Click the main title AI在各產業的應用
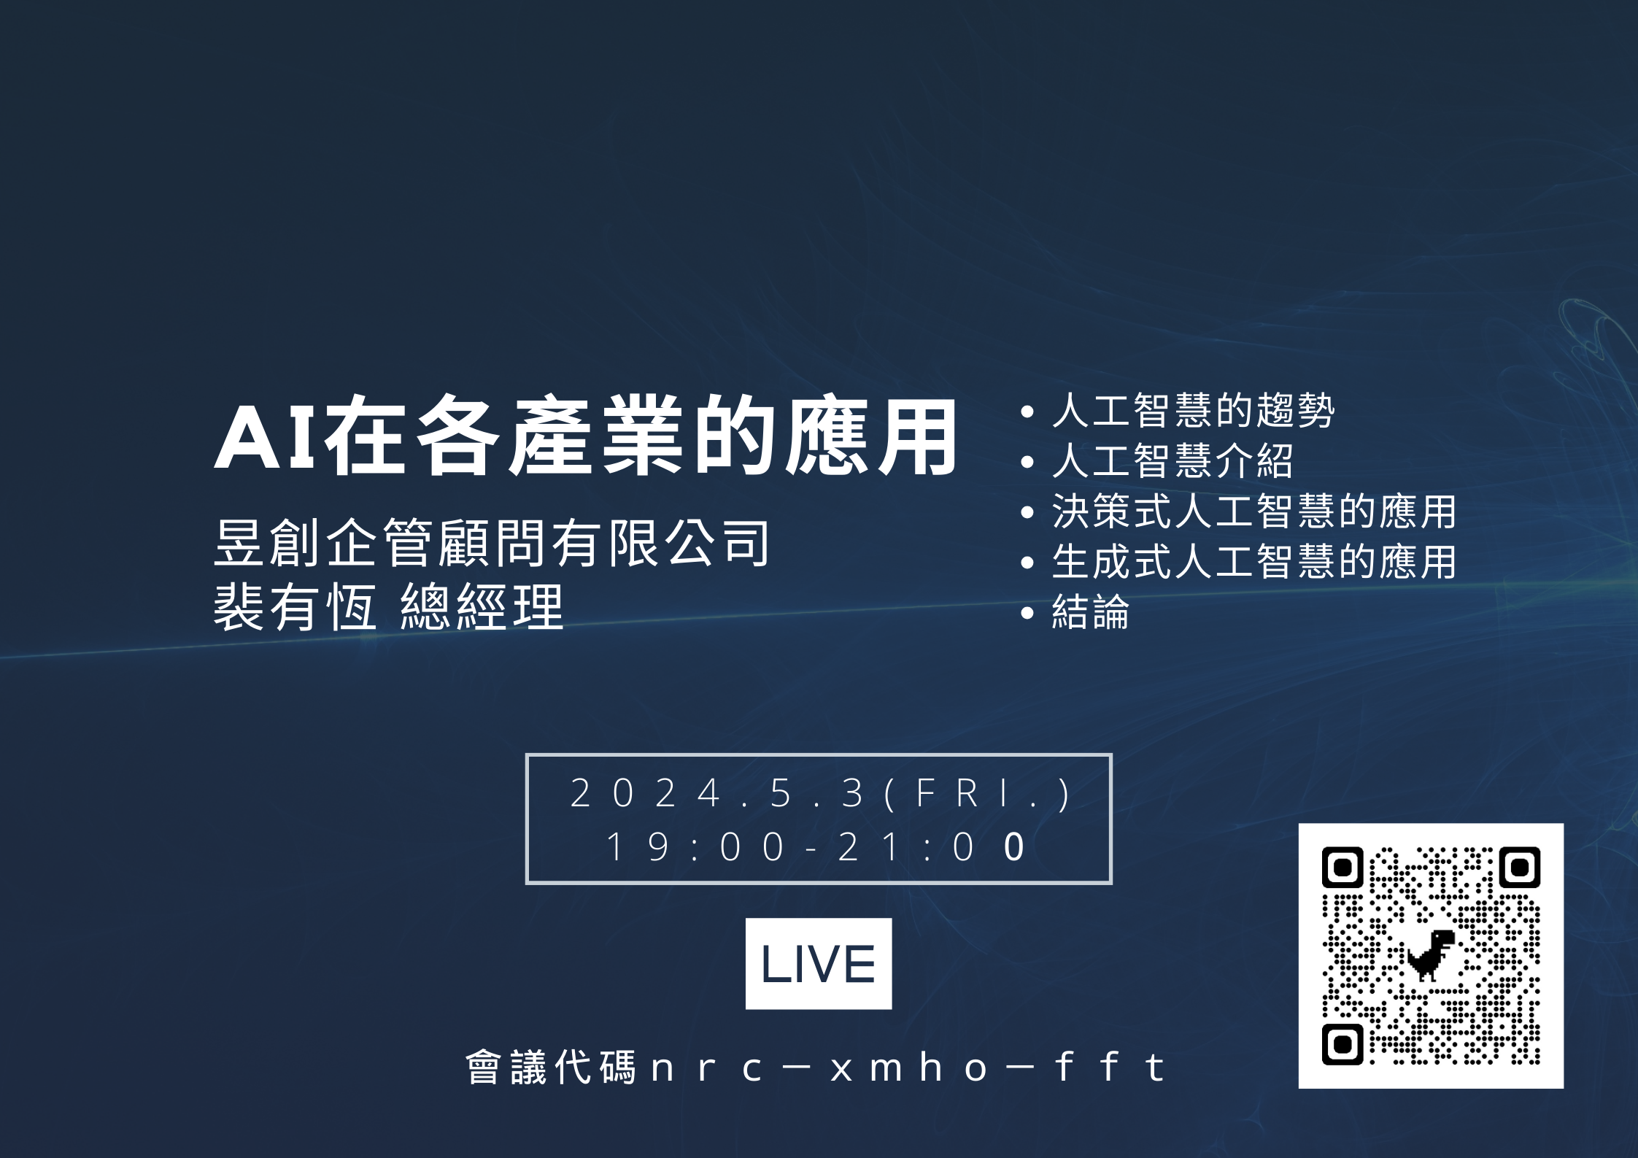coord(585,436)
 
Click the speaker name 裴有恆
coord(295,606)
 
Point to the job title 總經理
coord(482,606)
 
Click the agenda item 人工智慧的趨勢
coord(1194,410)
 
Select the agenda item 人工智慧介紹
coord(1173,460)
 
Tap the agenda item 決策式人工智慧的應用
coord(1254,511)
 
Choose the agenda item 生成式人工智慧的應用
coord(1254,561)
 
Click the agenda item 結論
coord(1091,611)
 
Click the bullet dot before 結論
coord(1028,613)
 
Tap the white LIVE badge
coord(819,964)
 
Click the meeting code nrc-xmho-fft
coord(908,1068)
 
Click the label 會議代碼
coord(551,1068)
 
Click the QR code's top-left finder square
coord(1343,868)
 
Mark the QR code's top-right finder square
coord(1520,868)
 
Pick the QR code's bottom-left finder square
coord(1343,1045)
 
